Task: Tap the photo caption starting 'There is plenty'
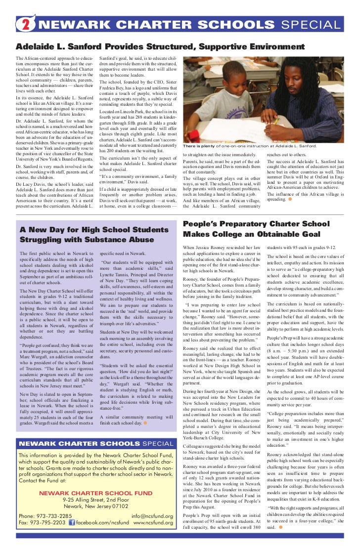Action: coord(250,146)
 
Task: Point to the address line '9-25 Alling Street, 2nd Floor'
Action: coord(96,499)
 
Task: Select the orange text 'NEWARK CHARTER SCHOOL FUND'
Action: coord(96,492)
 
